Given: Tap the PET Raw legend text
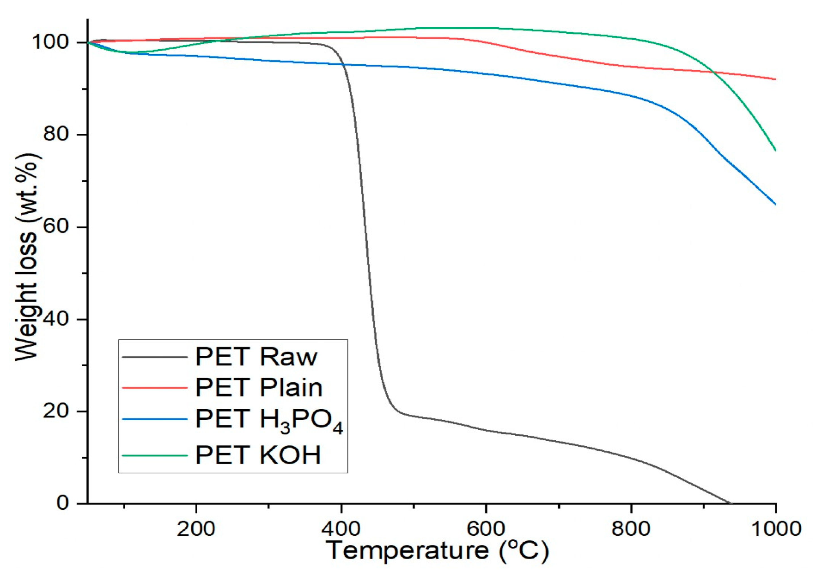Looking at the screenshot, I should (256, 357).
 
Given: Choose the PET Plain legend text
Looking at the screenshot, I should (259, 387).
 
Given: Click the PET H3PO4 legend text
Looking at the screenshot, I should (269, 420).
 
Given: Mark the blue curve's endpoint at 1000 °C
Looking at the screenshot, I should (775, 204).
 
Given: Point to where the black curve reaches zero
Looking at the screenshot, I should (730, 503).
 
